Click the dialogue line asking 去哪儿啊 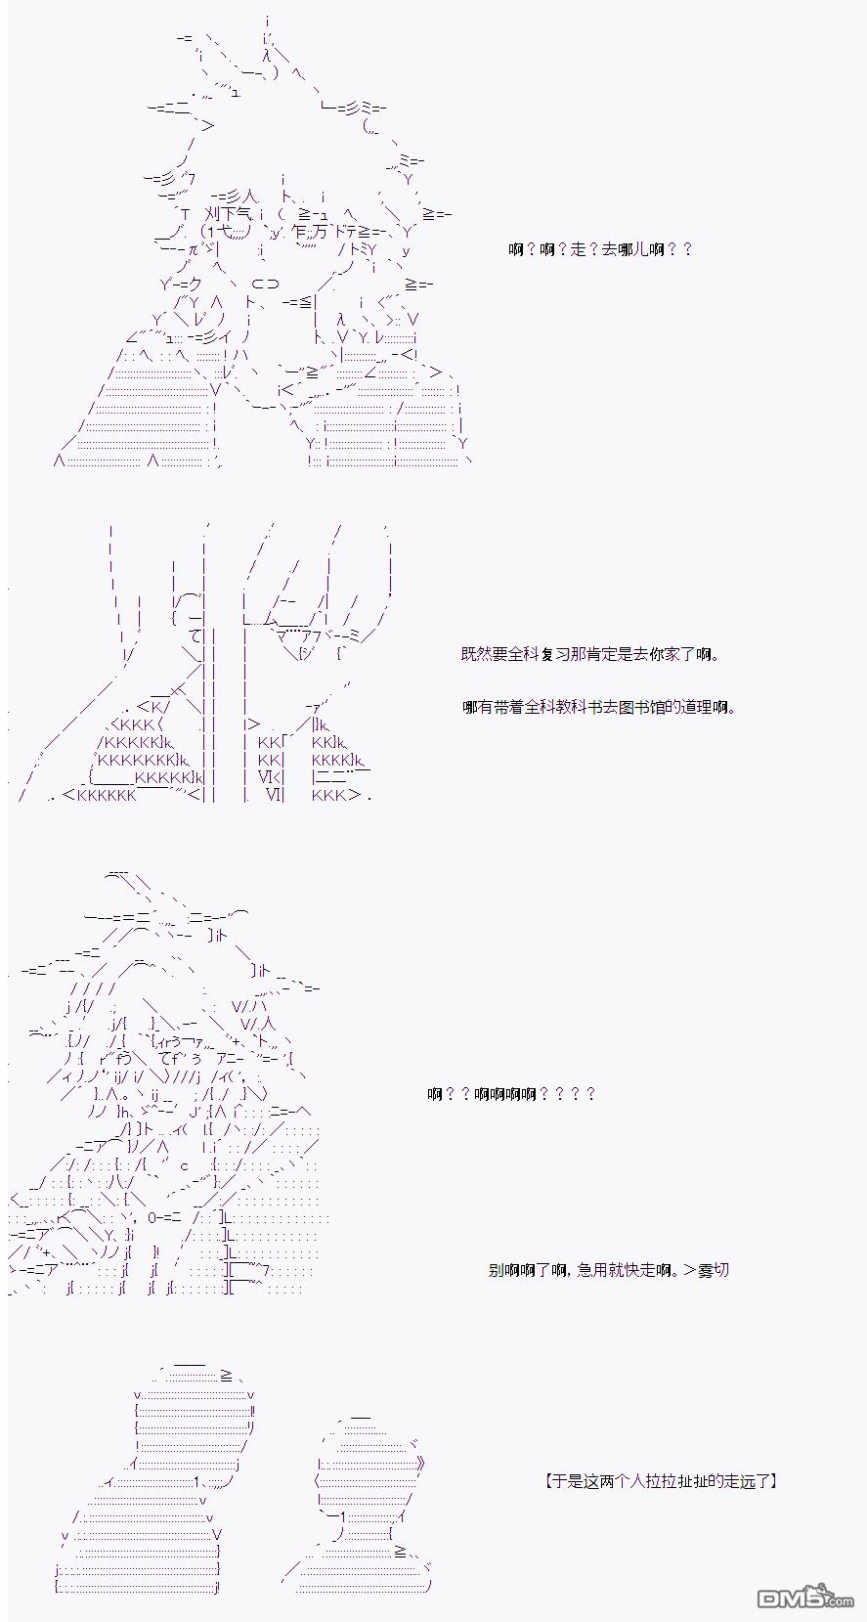click(600, 250)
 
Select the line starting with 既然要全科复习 click(590, 655)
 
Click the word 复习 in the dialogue click(554, 655)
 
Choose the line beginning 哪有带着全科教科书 click(599, 707)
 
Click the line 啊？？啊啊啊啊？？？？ click(511, 1093)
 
